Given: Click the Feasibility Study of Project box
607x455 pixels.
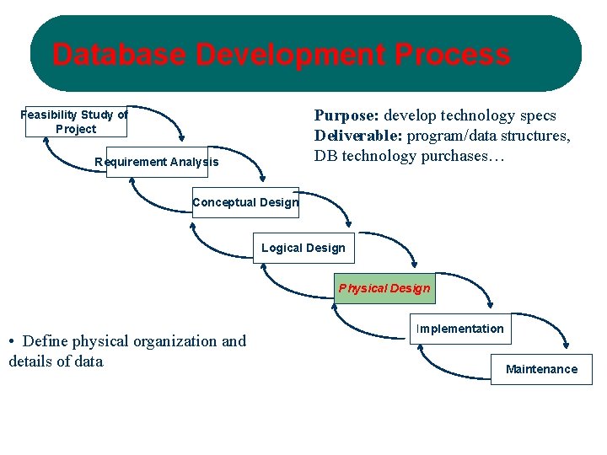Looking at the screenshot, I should [x=76, y=121].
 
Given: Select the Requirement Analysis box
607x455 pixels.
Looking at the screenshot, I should [x=157, y=162].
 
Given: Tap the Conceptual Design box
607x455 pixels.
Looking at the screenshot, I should [x=245, y=202].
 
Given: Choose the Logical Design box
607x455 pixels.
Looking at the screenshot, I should [x=303, y=248].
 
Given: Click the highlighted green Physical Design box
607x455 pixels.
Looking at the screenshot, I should [x=384, y=288].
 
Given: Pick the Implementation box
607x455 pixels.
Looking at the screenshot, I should [x=460, y=329].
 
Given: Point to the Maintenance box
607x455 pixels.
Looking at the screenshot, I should [x=541, y=369].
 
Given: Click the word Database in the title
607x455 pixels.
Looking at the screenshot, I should [x=119, y=56].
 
